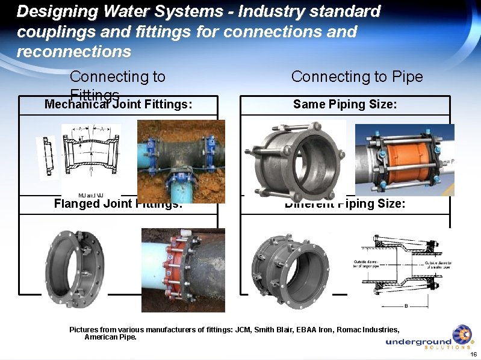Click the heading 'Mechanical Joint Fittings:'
click(x=119, y=104)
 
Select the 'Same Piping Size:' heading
click(x=345, y=104)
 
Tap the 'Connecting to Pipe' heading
click(x=357, y=76)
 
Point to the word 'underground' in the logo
click(x=418, y=342)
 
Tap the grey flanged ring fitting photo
click(x=75, y=265)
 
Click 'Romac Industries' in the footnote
click(x=368, y=329)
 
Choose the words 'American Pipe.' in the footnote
click(x=110, y=337)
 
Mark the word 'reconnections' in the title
click(x=73, y=51)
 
